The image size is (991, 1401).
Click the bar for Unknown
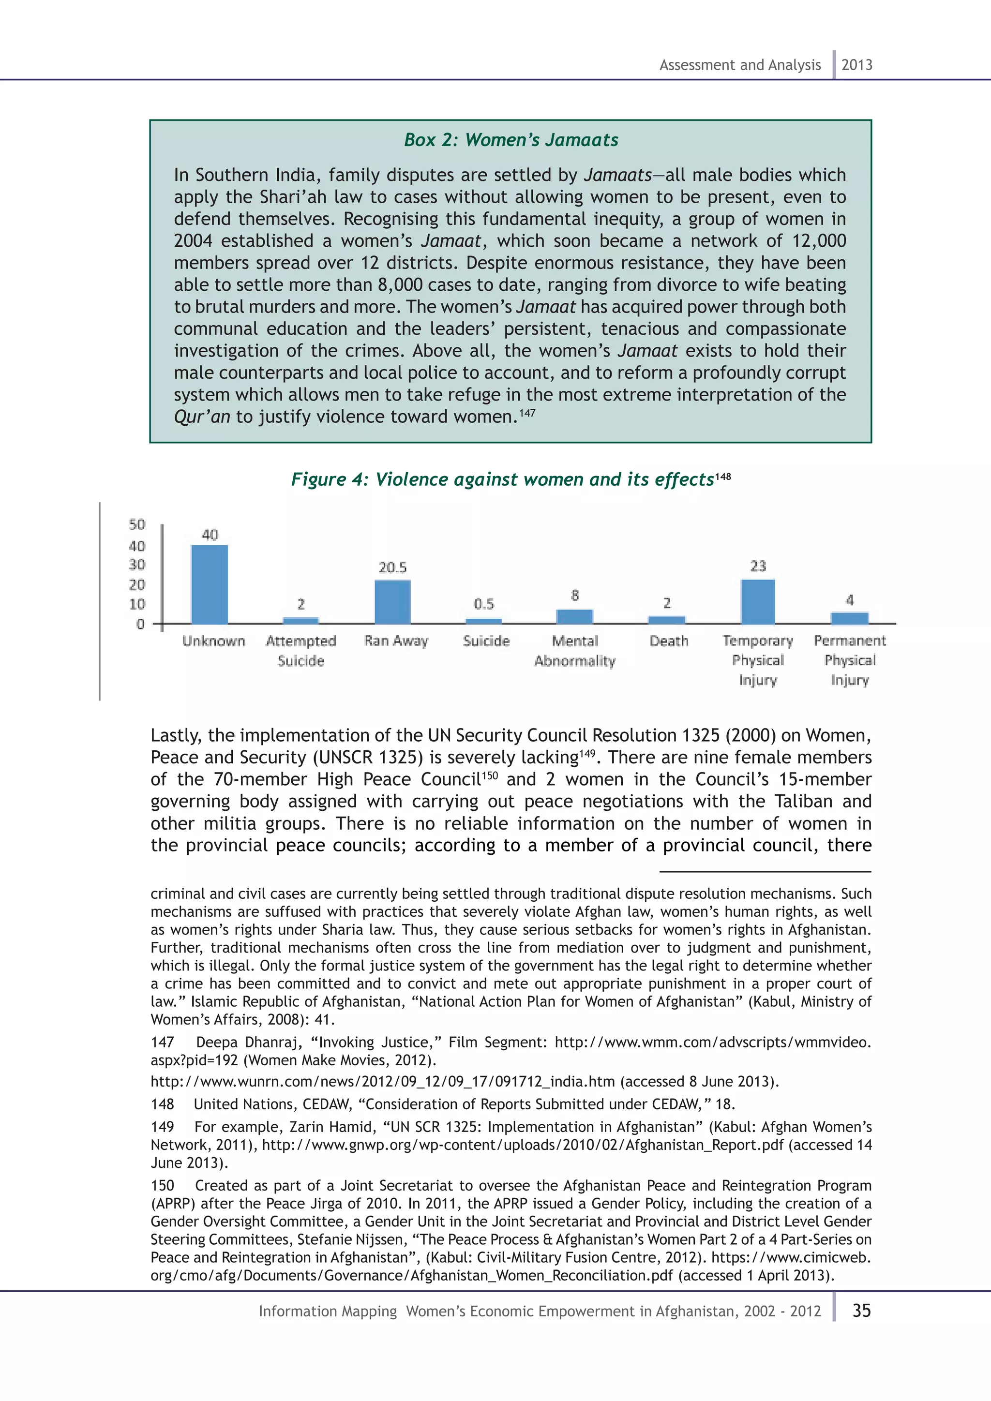tap(210, 584)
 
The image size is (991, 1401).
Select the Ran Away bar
tap(392, 602)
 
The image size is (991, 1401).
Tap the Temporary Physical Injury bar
tap(758, 602)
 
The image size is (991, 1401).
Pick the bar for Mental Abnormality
tap(574, 616)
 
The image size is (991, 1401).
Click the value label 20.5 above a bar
tap(392, 567)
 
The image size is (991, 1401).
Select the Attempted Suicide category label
tap(301, 651)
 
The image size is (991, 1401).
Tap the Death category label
tap(669, 641)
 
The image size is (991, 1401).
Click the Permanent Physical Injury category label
tap(849, 660)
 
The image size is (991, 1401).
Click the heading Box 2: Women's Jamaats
tap(511, 140)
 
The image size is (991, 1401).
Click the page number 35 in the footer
tap(861, 1311)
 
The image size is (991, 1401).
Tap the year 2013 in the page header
tap(857, 65)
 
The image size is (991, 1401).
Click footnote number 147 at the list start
tap(162, 1042)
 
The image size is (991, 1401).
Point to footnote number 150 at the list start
tap(162, 1186)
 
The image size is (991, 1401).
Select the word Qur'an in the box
tap(202, 417)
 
